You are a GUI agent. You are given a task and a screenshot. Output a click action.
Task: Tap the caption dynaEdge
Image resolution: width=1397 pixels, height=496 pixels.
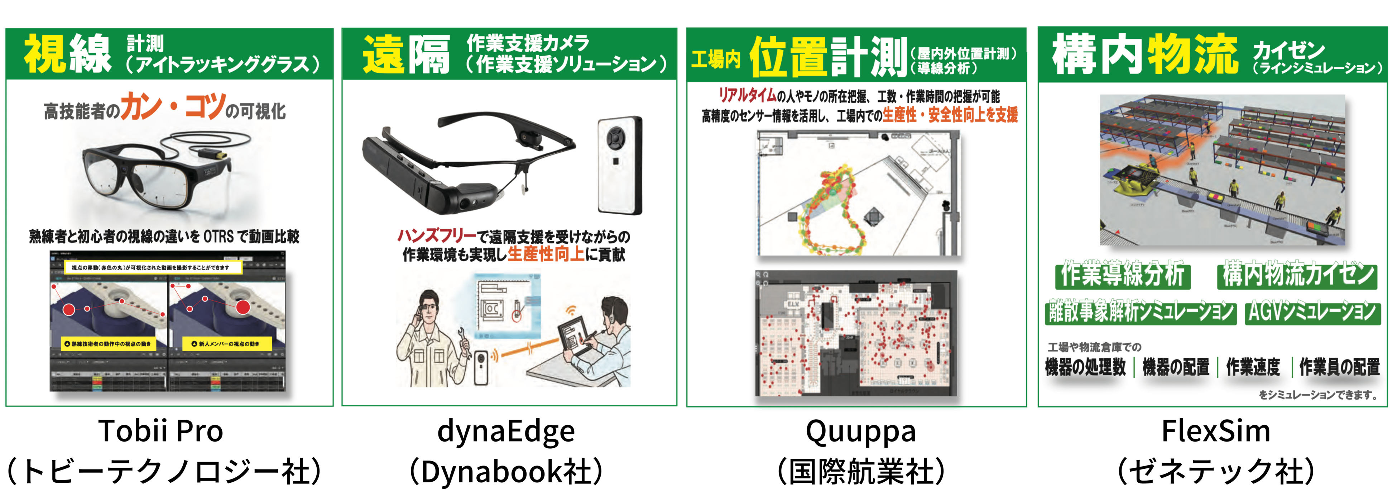pyautogui.click(x=506, y=431)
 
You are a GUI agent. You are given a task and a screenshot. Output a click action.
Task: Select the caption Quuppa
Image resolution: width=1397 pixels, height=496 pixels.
pyautogui.click(x=861, y=431)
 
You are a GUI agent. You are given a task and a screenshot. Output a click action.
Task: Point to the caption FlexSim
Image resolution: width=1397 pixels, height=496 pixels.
pyautogui.click(x=1215, y=431)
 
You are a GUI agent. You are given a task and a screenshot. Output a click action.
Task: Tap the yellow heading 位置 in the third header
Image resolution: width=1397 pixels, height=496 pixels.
pyautogui.click(x=789, y=57)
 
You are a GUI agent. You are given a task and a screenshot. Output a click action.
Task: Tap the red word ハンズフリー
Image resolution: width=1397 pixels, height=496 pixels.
pyautogui.click(x=437, y=236)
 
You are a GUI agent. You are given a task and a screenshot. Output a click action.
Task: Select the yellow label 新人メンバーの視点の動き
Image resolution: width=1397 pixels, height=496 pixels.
pyautogui.click(x=226, y=344)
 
